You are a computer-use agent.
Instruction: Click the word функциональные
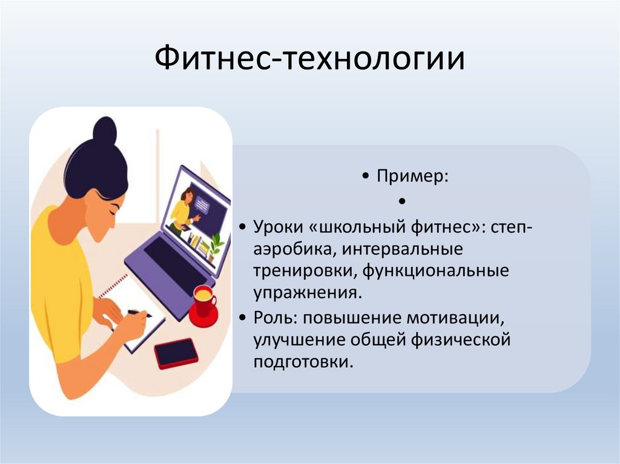click(435, 271)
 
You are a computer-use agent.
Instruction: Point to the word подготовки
click(302, 362)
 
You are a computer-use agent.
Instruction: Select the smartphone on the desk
click(176, 353)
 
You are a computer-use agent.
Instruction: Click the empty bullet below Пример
click(401, 200)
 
